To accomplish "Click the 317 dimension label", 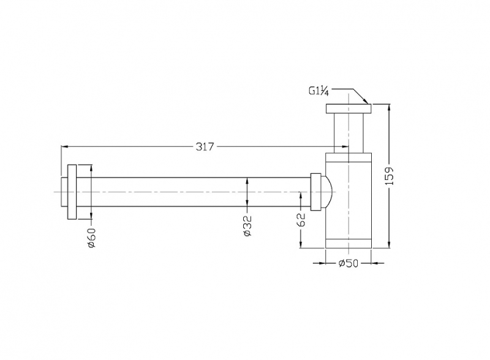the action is (x=205, y=146).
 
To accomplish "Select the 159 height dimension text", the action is (x=390, y=176).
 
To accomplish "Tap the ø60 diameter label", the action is (x=91, y=238).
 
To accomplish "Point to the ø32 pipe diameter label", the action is (x=247, y=226).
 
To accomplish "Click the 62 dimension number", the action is (x=300, y=220).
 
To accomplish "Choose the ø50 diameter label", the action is (x=349, y=263).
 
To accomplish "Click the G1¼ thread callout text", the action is (x=318, y=91).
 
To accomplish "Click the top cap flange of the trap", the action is (x=349, y=108).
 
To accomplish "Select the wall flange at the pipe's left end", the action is (x=72, y=192).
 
